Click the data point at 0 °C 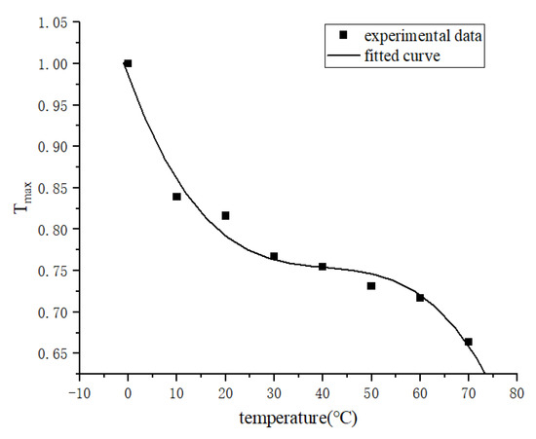128,63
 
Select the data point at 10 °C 176,197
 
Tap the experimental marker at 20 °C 225,215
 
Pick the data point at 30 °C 274,256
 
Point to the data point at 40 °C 323,266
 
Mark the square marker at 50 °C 371,285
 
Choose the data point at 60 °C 420,297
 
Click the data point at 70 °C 469,342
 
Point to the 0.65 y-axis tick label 53,354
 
